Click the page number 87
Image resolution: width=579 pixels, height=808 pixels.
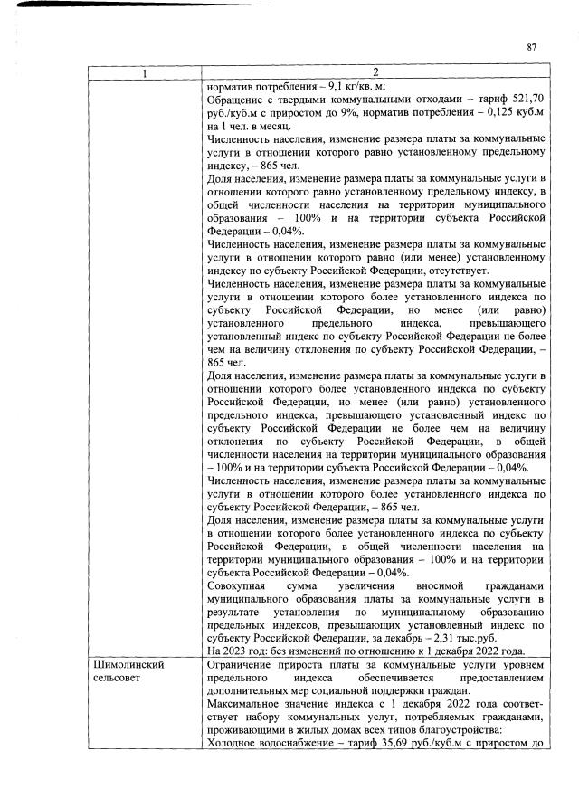[532, 48]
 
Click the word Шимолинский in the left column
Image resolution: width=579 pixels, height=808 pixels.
[128, 665]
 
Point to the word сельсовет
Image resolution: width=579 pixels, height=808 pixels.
[119, 678]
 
